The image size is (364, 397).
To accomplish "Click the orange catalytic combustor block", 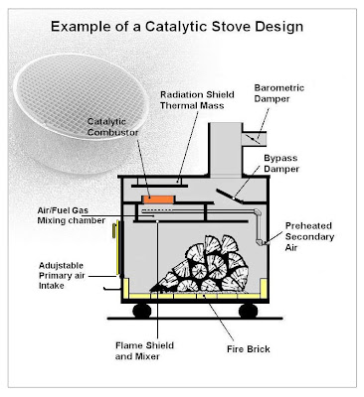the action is point(158,199).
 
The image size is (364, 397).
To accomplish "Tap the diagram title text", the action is point(177,27).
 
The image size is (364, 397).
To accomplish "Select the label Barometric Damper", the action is point(279,93).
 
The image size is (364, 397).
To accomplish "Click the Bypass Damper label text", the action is point(281,164).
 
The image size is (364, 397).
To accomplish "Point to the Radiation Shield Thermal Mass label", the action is point(197,100).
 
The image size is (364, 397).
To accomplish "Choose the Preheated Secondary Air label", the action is point(309,236).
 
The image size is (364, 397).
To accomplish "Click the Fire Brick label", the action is point(249,349).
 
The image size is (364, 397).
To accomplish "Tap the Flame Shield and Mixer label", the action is point(144,350).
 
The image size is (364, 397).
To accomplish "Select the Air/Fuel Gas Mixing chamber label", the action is point(71,215).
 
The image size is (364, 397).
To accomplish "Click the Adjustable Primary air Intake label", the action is point(62,276).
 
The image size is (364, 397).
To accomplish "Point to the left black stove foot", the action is point(142,311).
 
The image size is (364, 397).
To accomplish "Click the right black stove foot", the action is point(248,311).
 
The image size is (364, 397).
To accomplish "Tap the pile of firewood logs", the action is point(203,264).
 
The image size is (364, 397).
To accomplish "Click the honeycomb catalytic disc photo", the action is point(81,113).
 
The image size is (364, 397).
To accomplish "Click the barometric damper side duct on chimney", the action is point(255,139).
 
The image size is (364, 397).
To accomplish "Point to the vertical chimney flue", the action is point(226,149).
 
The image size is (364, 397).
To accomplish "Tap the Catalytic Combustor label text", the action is point(112,127).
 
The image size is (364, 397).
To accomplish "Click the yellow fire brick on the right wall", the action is point(264,289).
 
